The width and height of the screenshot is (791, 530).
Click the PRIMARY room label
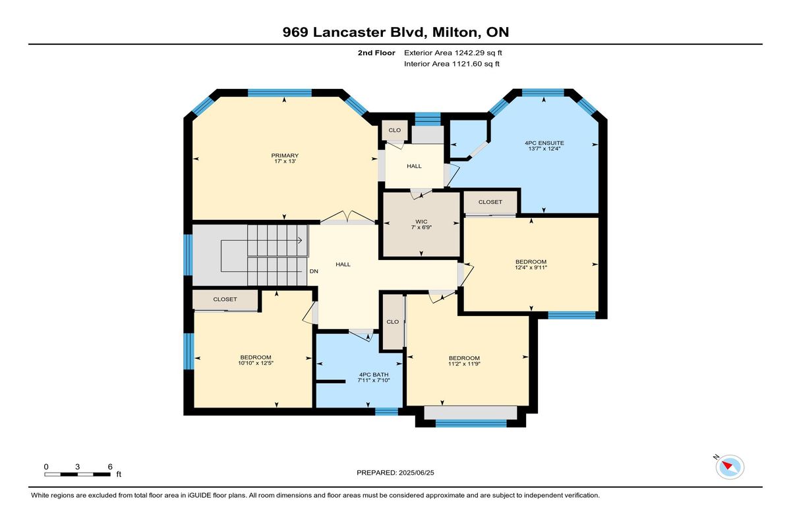(x=285, y=155)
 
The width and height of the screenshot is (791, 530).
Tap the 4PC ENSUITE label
(x=544, y=143)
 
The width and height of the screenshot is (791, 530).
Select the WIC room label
(x=421, y=221)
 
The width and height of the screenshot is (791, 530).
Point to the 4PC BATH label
(x=374, y=375)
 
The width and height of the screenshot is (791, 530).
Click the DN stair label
(x=314, y=271)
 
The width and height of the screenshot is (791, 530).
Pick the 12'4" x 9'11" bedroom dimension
(x=531, y=267)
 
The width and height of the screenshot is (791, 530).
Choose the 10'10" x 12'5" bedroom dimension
(x=256, y=363)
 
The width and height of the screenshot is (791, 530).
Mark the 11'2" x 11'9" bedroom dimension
(x=464, y=363)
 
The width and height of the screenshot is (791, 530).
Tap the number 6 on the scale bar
(x=110, y=467)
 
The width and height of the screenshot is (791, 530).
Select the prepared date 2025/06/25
(x=417, y=473)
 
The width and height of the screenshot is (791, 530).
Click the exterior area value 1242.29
(x=468, y=53)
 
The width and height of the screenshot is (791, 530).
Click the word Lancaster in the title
(x=349, y=32)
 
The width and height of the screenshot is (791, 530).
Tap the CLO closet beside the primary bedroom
(x=394, y=130)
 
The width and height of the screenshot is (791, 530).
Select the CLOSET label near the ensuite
(x=490, y=202)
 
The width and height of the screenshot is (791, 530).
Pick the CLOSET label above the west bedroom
(x=225, y=300)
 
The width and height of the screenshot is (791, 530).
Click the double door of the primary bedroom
(x=348, y=217)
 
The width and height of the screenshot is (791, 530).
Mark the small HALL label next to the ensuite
(x=414, y=166)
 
